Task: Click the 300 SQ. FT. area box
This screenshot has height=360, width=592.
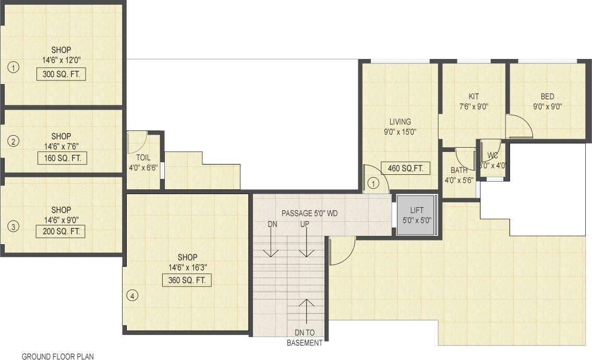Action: [x=61, y=74]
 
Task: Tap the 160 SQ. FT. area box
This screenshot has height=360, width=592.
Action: [x=62, y=158]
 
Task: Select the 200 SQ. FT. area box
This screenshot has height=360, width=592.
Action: [x=61, y=231]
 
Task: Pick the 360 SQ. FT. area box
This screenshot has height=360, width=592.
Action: [x=187, y=280]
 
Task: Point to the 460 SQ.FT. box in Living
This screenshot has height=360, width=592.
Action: [x=405, y=168]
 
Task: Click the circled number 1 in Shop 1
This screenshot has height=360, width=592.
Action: [x=14, y=67]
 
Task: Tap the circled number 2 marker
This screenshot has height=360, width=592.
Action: [x=14, y=141]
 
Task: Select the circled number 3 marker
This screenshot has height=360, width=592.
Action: [x=14, y=226]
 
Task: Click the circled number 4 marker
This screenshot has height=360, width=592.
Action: [x=132, y=296]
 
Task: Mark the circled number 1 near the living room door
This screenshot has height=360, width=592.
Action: [x=373, y=183]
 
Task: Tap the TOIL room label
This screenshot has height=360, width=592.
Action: [x=143, y=157]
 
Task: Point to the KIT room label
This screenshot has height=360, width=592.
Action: [x=474, y=97]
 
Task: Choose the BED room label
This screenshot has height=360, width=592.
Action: [x=547, y=97]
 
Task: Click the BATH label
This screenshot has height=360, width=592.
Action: [x=459, y=170]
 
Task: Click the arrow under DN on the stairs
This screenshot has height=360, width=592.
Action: [x=270, y=245]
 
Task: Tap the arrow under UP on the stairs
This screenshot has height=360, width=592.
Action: [x=305, y=245]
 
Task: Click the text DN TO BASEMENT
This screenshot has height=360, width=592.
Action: [x=305, y=338]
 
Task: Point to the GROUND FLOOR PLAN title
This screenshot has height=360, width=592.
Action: [x=57, y=356]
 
